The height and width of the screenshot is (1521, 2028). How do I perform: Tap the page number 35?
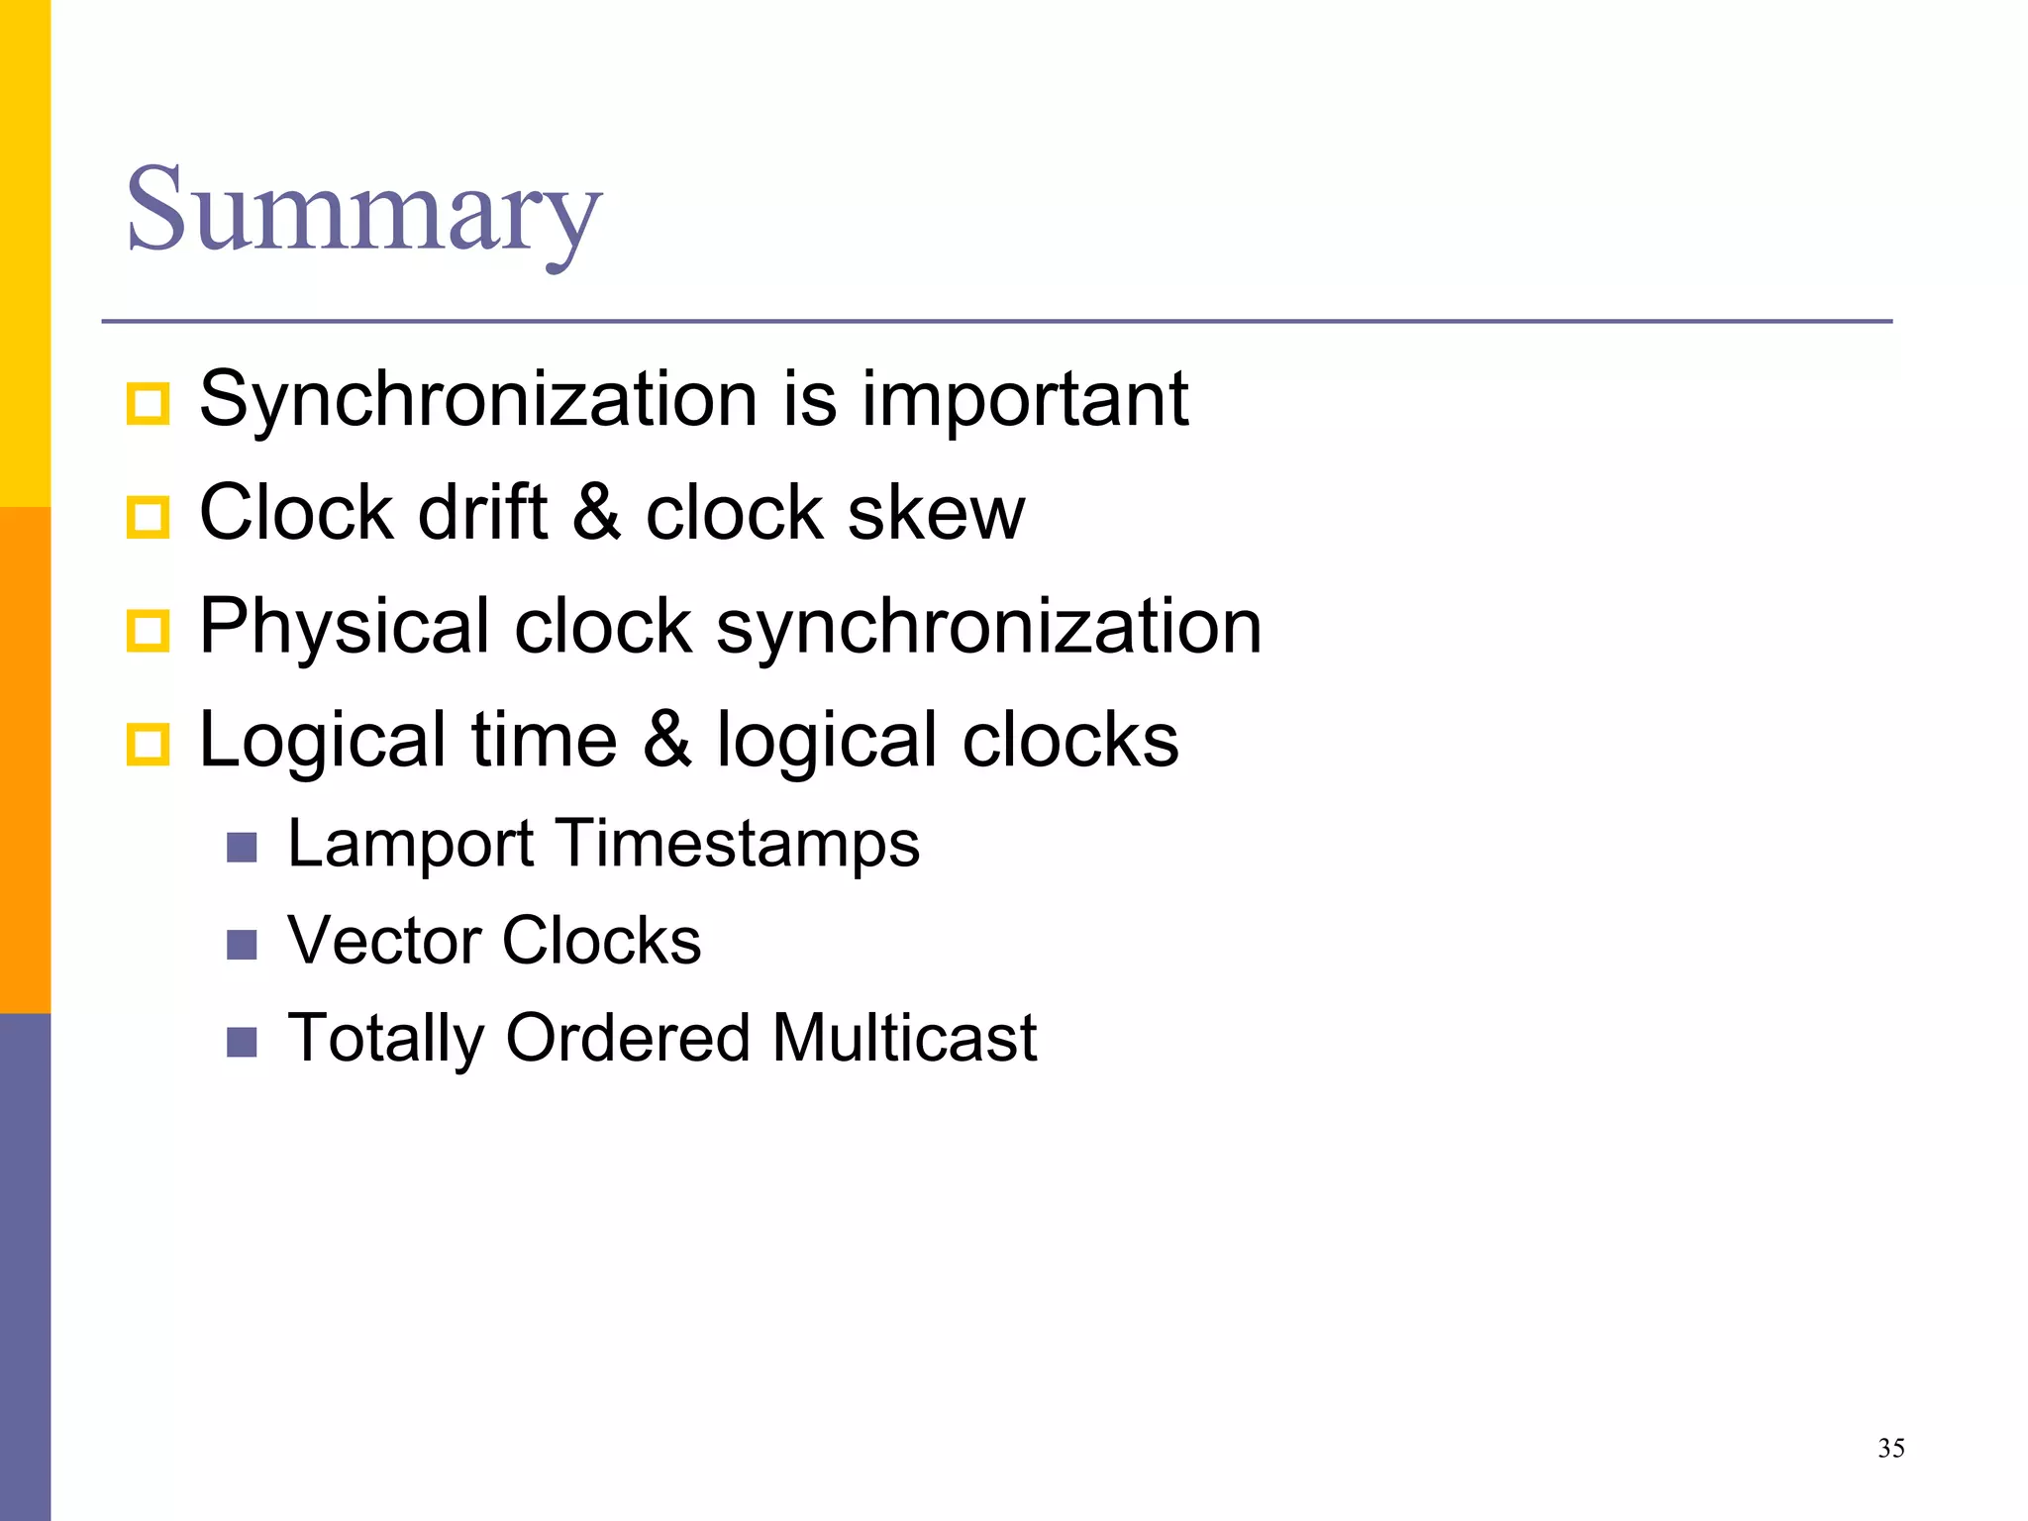1890,1449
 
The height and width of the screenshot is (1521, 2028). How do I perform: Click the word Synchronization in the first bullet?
478,399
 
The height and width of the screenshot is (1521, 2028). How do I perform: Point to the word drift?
483,513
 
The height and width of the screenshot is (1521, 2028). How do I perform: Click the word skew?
936,513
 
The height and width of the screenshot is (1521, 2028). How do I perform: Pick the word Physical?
345,627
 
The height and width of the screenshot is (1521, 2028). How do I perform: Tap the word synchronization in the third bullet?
988,627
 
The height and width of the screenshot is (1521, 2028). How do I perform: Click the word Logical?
323,741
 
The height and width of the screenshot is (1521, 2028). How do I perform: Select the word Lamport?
411,845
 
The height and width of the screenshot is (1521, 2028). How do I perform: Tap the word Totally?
385,1039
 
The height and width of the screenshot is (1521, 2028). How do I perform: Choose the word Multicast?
904,1038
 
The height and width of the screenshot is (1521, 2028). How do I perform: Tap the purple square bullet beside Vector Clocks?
242,945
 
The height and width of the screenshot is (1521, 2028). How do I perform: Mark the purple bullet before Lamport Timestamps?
242,848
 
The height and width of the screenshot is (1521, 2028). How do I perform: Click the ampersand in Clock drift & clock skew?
596,513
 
